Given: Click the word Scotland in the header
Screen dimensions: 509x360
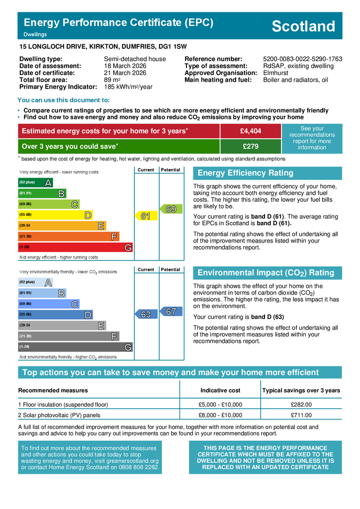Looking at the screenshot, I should point(304,26).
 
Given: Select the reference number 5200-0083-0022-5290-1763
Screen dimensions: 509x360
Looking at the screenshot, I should point(302,59).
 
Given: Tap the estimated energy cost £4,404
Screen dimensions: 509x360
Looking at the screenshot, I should point(250,131).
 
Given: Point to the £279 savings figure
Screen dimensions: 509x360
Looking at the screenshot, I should point(250,147).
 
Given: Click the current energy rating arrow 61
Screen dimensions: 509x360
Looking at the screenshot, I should point(146,216).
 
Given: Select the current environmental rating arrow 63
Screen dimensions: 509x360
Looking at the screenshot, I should point(146,315).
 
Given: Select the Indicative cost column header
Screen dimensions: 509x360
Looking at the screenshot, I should point(220,390).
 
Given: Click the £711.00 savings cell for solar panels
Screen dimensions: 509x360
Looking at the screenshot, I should point(301,415).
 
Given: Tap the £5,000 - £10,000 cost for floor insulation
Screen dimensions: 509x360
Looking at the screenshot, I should point(220,405).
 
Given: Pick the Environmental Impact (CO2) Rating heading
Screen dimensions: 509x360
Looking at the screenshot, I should point(266,273).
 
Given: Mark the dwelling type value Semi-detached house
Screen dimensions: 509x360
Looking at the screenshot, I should point(131,59).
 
